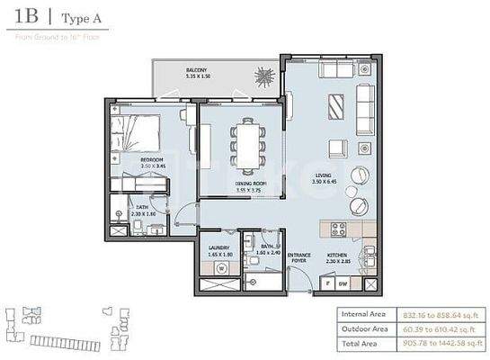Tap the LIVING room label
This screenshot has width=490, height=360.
point(324,175)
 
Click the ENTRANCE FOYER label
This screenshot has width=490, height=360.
point(298,258)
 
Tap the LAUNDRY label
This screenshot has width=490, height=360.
point(219,247)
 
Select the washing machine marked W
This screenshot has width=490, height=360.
point(218,266)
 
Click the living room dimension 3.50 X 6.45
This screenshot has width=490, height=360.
point(324,184)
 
